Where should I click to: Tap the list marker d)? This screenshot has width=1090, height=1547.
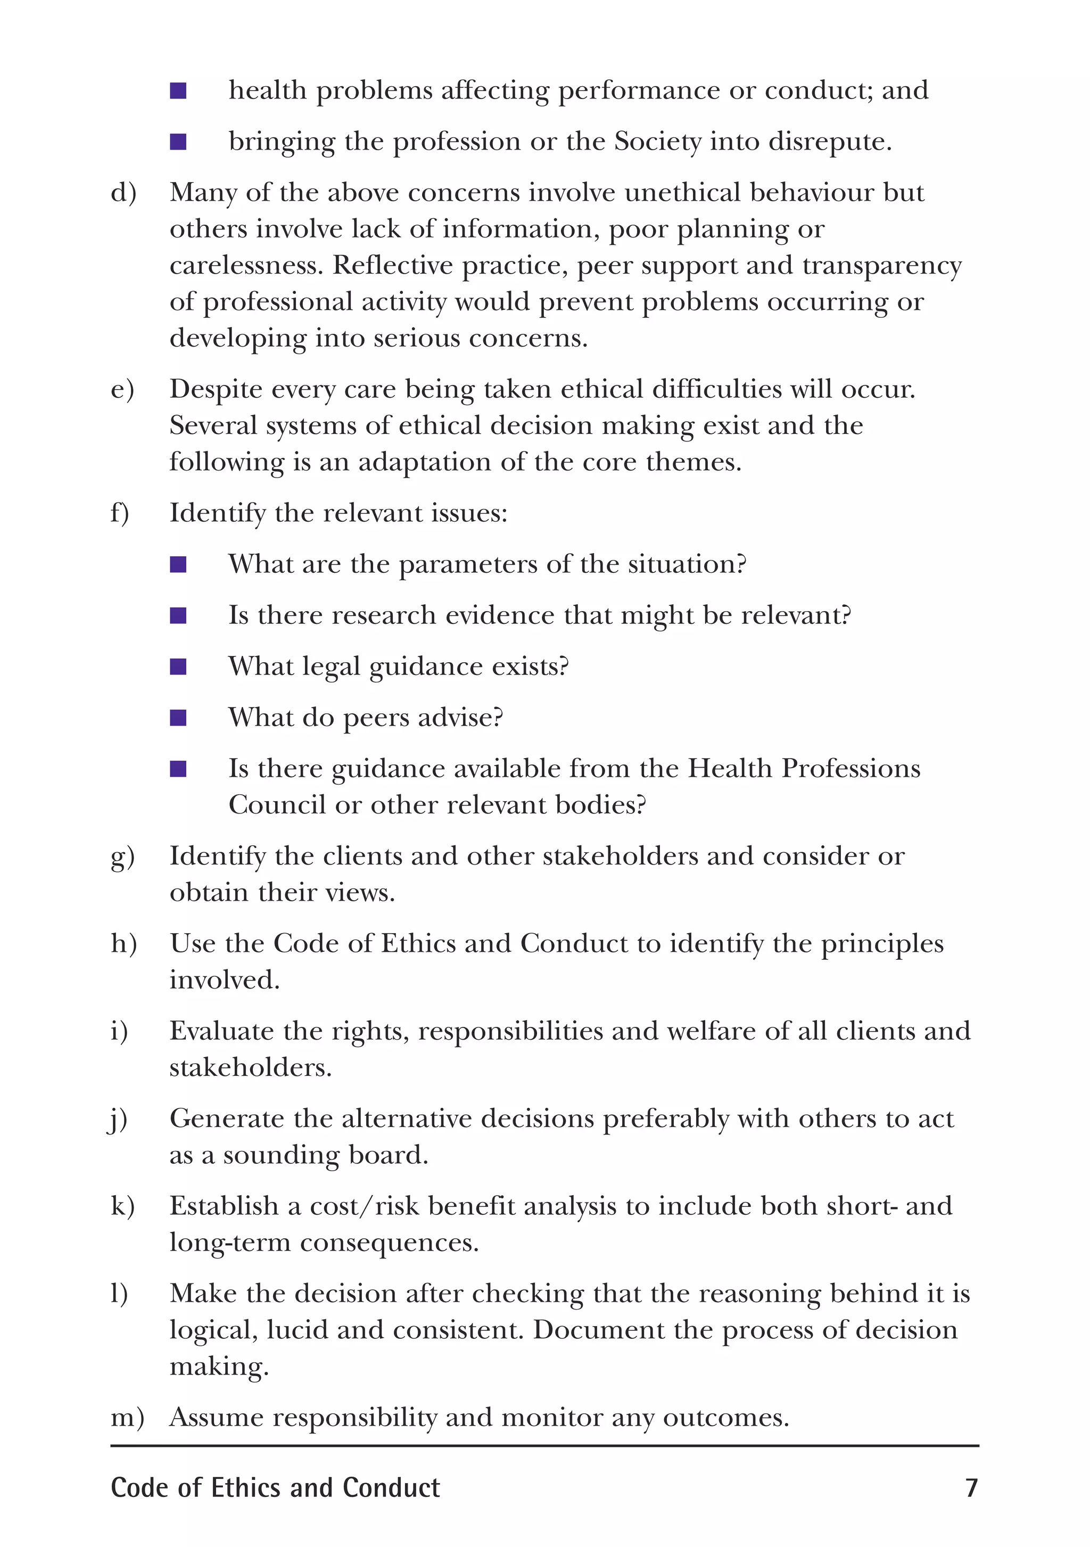point(123,193)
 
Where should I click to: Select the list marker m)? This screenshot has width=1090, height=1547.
point(127,1417)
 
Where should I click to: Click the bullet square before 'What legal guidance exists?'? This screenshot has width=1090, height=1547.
point(178,666)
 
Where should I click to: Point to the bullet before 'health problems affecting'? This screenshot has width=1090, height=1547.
point(178,90)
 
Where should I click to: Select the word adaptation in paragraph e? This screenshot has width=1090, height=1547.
point(424,462)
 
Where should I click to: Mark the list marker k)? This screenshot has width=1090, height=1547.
point(122,1206)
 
